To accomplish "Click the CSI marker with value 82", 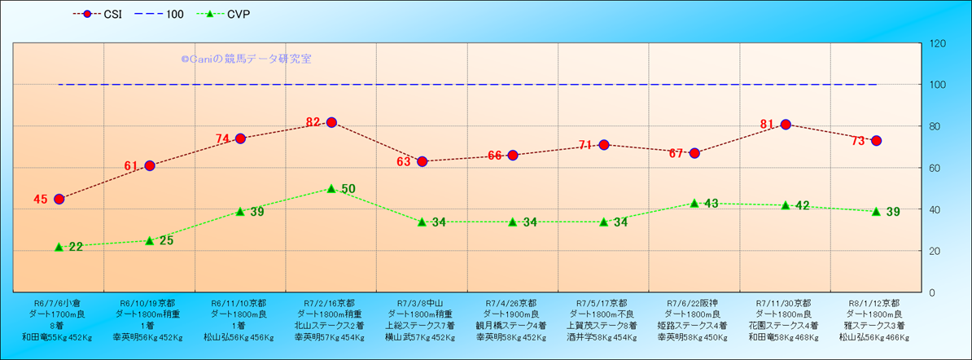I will (x=331, y=122).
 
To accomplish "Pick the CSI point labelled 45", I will (x=59, y=199).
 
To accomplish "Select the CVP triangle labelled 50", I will (x=331, y=188).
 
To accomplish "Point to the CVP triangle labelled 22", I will (x=59, y=247).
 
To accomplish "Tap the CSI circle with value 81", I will (x=786, y=125).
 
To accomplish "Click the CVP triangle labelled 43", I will (x=694, y=203).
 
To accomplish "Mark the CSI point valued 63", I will (x=422, y=161).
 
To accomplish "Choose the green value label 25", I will (x=166, y=240).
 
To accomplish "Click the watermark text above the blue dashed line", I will (x=246, y=59).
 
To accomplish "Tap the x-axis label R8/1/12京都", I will (x=876, y=301).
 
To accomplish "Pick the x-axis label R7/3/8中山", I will (x=422, y=301).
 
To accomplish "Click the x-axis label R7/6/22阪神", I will (x=694, y=301).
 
